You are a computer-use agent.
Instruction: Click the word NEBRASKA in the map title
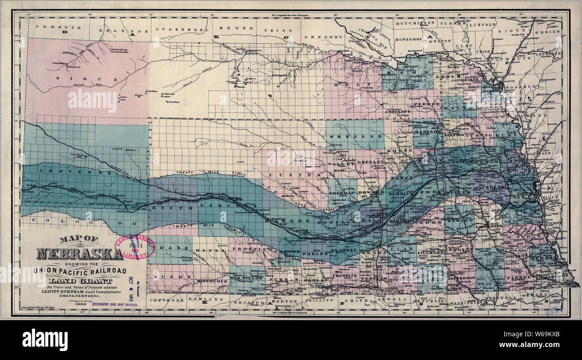80,253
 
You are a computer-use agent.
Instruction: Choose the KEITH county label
170,208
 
